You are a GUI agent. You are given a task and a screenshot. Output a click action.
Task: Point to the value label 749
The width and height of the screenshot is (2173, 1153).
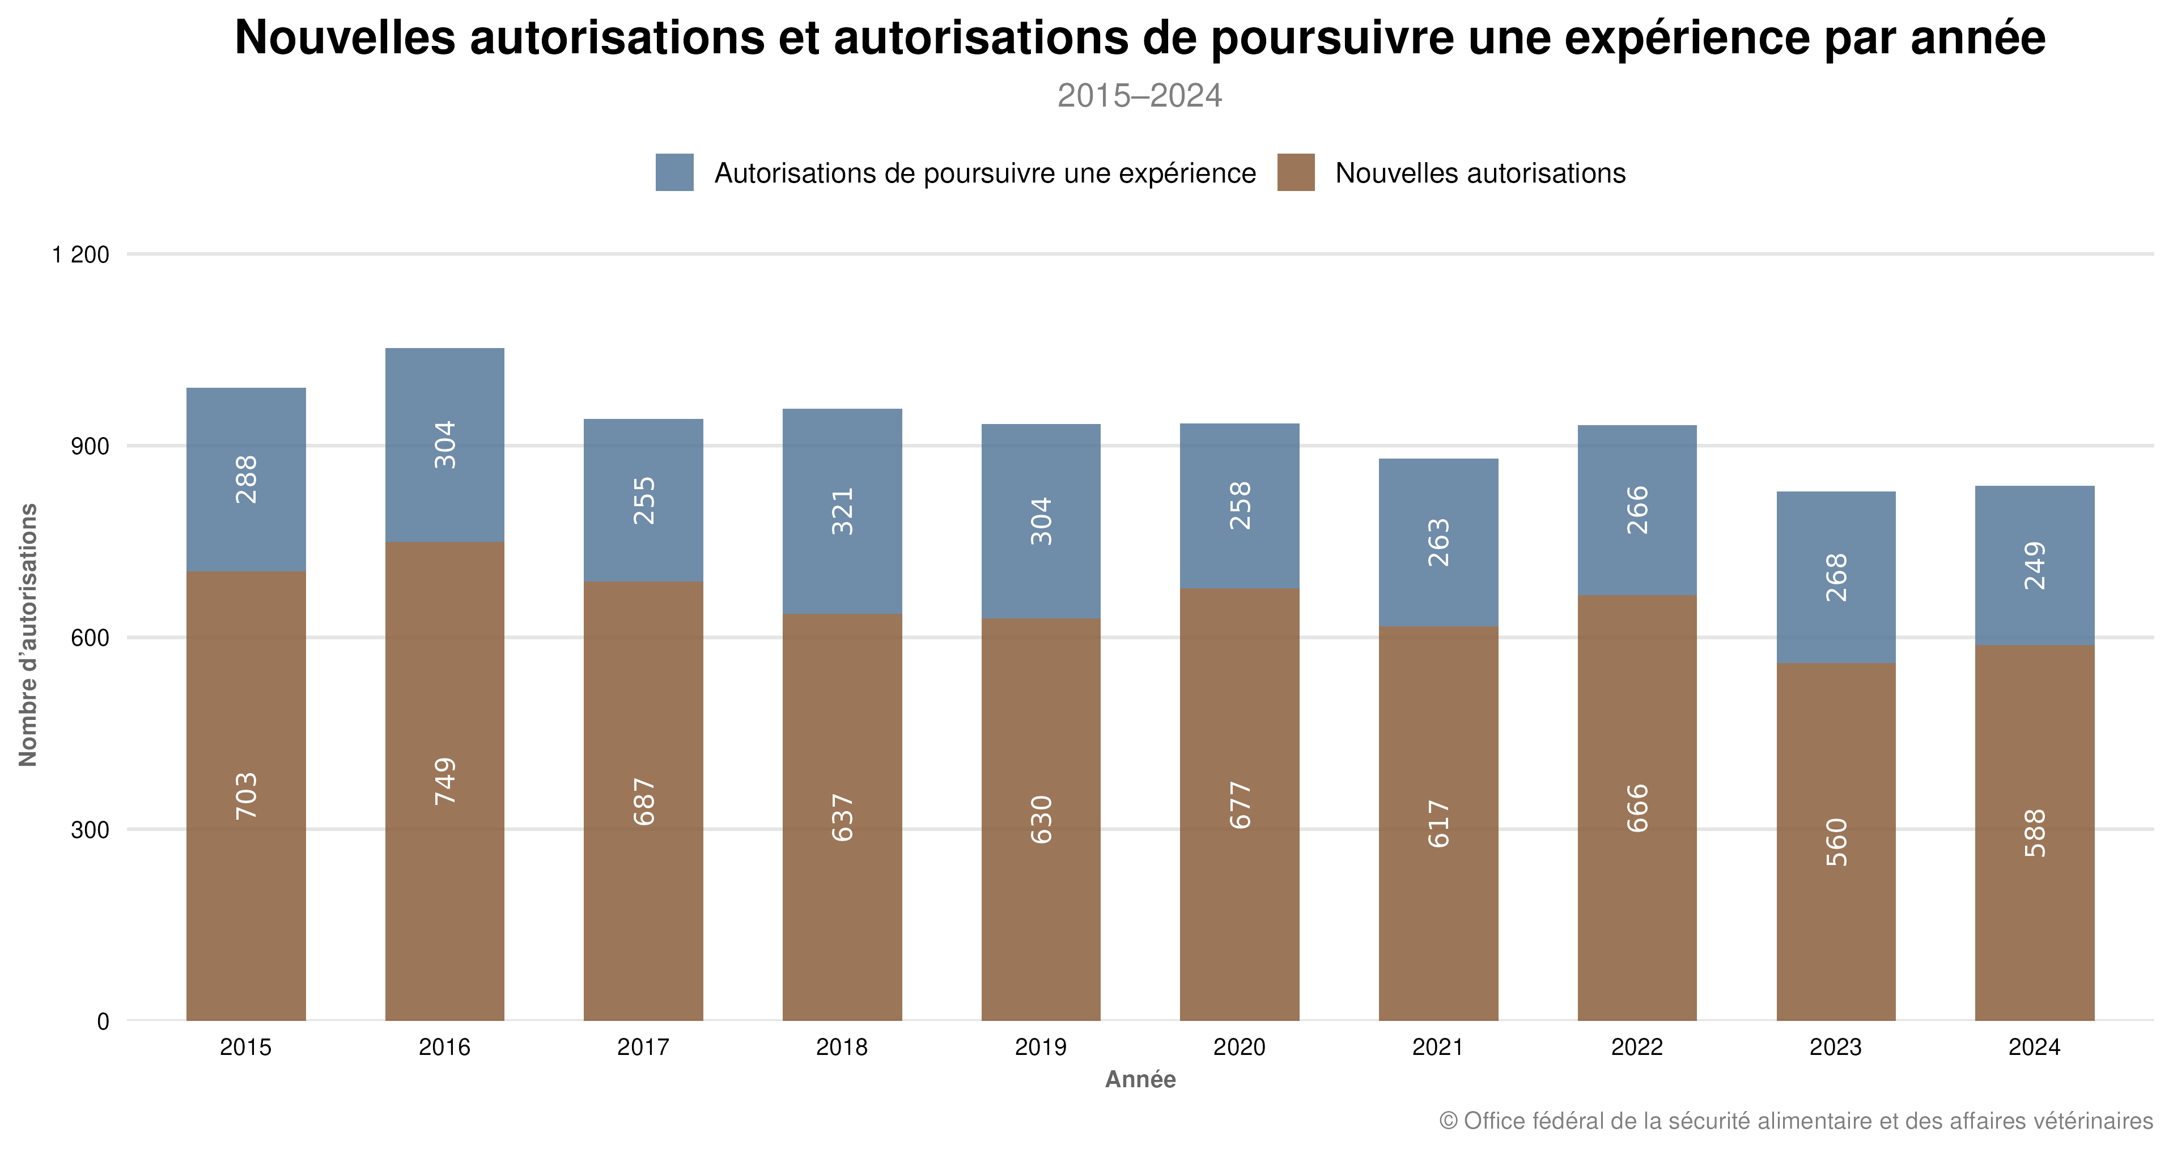click(444, 781)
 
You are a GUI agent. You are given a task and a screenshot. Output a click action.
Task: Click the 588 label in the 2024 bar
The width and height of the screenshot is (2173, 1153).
click(2035, 833)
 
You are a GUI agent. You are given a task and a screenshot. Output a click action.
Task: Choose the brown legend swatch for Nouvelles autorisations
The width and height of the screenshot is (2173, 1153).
click(1296, 172)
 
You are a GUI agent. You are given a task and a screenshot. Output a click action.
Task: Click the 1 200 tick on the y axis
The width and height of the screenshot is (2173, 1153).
click(81, 255)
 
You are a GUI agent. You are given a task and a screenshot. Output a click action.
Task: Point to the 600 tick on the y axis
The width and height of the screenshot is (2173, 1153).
click(90, 638)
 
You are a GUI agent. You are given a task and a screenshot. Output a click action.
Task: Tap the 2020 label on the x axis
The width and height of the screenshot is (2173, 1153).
click(1239, 1048)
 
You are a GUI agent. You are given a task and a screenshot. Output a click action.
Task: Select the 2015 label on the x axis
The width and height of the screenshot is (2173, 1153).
click(245, 1048)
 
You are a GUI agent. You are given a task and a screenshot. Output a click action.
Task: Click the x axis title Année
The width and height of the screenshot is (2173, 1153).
click(1140, 1080)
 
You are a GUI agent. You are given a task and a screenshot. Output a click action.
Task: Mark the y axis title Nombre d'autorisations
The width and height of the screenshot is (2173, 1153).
click(28, 634)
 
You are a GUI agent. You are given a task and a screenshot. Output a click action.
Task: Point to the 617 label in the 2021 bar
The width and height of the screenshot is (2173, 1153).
click(1438, 824)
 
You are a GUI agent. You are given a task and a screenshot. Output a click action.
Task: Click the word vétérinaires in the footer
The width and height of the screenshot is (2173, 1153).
click(2093, 1121)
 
